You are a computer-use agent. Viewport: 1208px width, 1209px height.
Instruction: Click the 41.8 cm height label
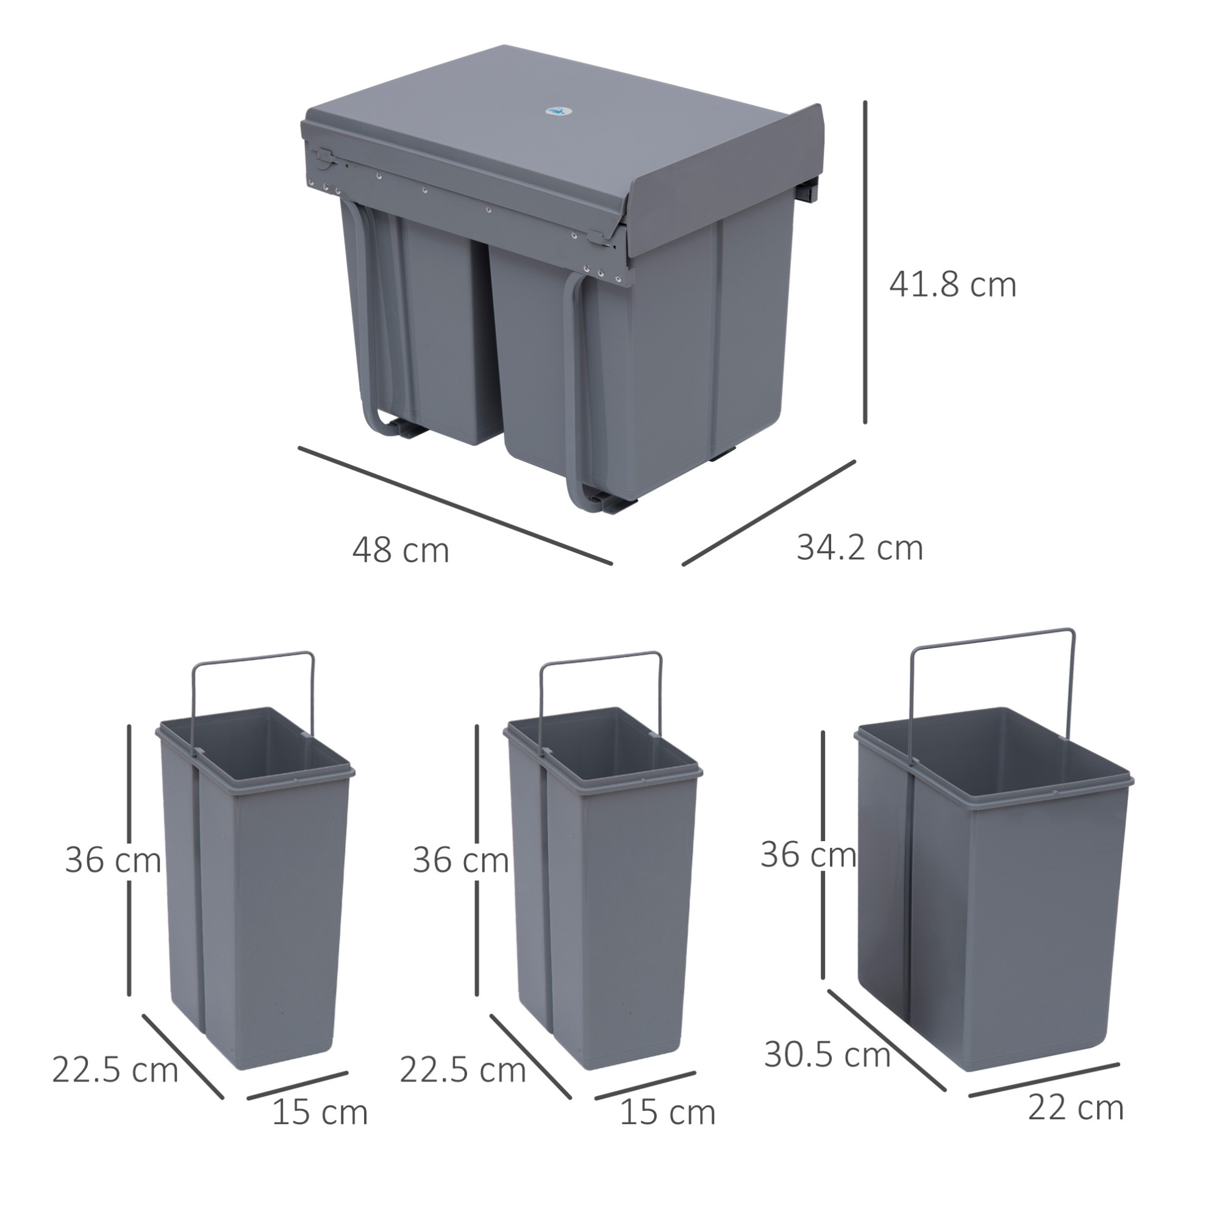point(952,285)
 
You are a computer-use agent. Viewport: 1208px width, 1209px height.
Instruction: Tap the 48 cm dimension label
point(401,551)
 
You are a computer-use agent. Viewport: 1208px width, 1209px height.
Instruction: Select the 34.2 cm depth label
point(860,548)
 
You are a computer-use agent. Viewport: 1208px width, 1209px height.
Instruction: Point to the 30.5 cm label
point(827,1055)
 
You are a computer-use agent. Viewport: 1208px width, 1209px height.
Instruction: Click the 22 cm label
point(1076,1108)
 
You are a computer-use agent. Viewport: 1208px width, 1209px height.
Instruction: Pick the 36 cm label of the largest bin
point(808,855)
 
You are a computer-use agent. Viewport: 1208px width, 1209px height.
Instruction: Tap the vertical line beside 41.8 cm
point(866,262)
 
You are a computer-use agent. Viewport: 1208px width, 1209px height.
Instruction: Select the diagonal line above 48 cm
point(456,506)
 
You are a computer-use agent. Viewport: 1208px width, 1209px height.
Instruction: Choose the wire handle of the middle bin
point(601,658)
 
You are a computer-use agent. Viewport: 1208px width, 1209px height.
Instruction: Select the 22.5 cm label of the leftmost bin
point(115,1069)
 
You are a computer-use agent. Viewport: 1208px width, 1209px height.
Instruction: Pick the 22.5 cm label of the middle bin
point(463,1069)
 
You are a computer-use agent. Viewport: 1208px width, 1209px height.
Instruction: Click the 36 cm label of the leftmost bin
point(113,860)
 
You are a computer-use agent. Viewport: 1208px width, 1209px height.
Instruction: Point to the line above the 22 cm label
point(1044,1080)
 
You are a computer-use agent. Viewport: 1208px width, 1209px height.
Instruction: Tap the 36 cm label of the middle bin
point(461,860)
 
